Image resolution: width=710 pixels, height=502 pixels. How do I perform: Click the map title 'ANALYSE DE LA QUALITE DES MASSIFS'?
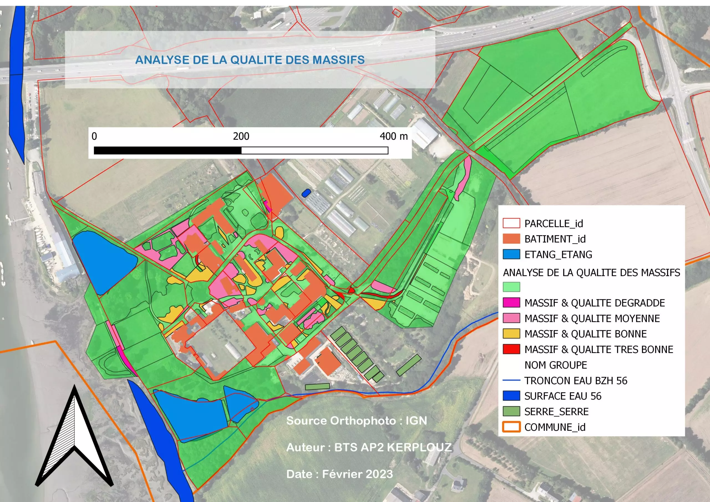(x=250, y=60)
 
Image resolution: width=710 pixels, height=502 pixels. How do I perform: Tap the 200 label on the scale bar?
(x=241, y=136)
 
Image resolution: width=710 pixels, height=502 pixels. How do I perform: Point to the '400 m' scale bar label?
(x=393, y=136)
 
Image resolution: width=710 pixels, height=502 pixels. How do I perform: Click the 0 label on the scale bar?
(x=94, y=136)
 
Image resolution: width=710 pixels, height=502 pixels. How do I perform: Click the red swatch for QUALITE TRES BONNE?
(x=511, y=349)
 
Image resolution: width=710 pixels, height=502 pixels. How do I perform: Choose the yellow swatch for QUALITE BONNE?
(x=511, y=334)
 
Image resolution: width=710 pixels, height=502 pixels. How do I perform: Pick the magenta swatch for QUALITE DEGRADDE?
(x=511, y=303)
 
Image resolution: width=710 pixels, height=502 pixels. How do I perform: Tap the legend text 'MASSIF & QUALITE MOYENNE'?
(x=592, y=319)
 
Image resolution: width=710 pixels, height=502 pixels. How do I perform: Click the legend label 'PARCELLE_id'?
(x=554, y=224)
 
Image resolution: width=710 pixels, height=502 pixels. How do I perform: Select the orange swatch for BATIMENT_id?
(x=511, y=239)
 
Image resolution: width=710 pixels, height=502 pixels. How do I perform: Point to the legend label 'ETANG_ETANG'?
(x=558, y=255)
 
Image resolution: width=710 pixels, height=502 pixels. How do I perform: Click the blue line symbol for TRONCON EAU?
(x=511, y=381)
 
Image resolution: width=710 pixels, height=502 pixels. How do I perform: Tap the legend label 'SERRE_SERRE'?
(x=556, y=412)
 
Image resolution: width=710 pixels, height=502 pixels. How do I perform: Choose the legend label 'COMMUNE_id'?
(x=555, y=427)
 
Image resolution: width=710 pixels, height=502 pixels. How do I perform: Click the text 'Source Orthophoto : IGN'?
(x=357, y=421)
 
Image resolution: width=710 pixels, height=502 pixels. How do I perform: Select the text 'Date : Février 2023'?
(x=339, y=474)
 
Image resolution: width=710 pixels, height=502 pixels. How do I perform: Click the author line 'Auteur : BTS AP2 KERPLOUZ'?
(x=369, y=447)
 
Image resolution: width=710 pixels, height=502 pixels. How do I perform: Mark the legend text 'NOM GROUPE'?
(x=556, y=365)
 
